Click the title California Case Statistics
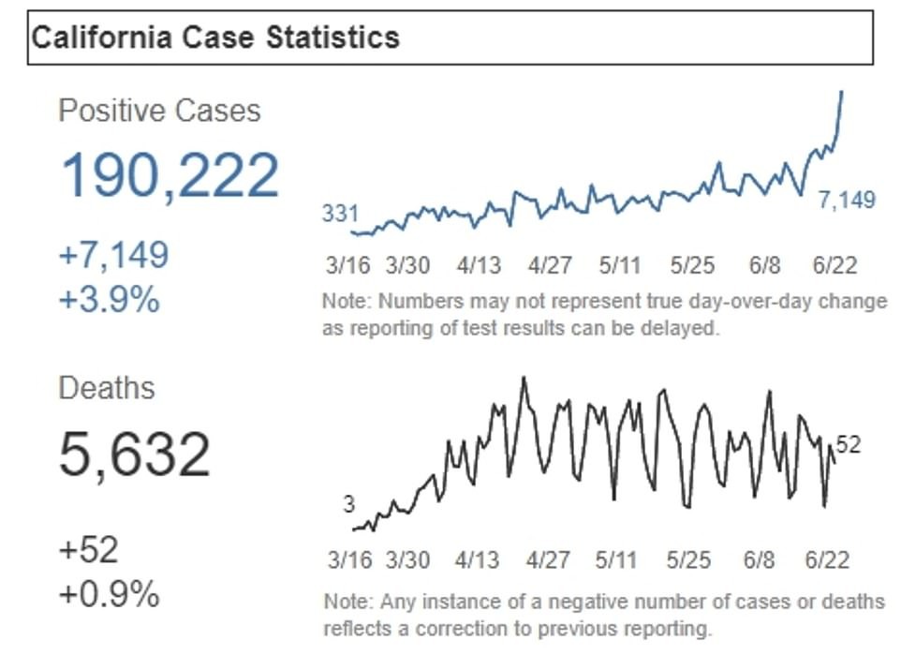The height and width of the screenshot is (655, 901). pos(215,37)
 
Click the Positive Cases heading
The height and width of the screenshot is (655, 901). pos(159,111)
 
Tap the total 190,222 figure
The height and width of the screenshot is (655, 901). pos(170,174)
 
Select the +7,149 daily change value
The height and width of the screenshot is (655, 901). pos(113,254)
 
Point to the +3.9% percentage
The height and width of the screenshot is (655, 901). pos(109,300)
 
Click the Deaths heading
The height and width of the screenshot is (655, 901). pos(107,388)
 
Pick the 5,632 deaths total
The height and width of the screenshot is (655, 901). pos(135,454)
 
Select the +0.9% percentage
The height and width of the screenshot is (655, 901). pos(109,595)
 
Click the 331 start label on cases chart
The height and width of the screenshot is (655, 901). pos(340,214)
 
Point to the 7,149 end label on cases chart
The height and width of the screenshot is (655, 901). pos(847,200)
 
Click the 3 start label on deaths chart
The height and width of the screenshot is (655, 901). pos(348,505)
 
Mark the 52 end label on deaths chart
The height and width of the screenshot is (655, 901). pos(849,445)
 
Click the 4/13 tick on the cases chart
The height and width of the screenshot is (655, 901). pos(479,265)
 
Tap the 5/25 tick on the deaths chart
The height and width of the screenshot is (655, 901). pos(689,560)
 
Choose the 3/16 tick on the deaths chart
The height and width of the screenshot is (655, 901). pos(350,560)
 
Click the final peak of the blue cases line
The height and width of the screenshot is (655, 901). pos(842,92)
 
